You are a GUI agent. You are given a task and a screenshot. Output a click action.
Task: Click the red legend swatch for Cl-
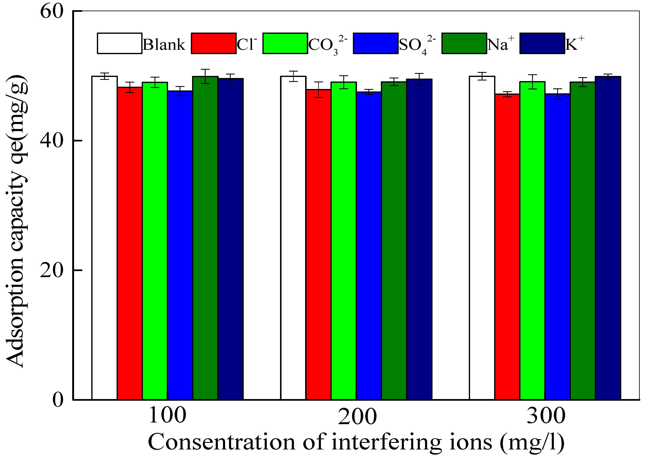pyautogui.click(x=214, y=43)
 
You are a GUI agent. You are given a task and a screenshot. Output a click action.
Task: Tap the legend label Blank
pyautogui.click(x=164, y=45)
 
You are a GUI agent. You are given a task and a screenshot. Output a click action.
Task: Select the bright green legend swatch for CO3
pyautogui.click(x=285, y=43)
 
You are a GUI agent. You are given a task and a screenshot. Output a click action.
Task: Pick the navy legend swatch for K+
pyautogui.click(x=542, y=43)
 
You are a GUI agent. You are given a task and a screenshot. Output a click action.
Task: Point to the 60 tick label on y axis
pyautogui.click(x=51, y=12)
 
